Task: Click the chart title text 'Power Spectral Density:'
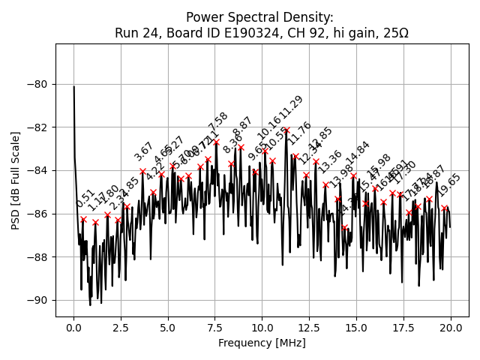(261, 17)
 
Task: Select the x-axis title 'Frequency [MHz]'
(262, 343)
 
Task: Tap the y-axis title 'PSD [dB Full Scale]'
(16, 180)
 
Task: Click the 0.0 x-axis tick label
(73, 328)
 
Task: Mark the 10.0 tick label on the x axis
(262, 328)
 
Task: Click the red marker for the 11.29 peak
(286, 130)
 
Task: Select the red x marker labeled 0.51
(83, 220)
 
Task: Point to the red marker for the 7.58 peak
(216, 142)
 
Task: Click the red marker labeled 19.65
(444, 208)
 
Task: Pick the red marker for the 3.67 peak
(142, 171)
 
